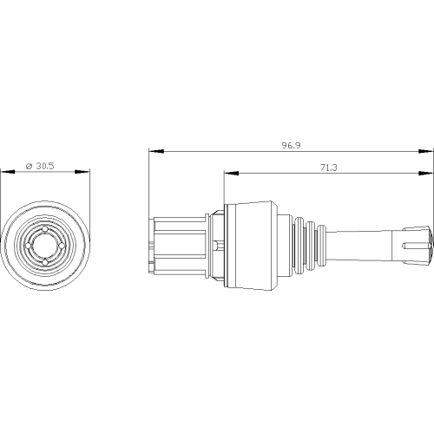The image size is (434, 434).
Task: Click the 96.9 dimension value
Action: pos(292,145)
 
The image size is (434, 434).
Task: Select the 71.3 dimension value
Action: pos(329,168)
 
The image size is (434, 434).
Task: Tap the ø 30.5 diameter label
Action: pos(40,166)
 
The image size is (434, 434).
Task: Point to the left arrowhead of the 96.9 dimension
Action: pos(156,151)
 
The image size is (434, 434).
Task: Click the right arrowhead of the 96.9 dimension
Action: pos(426,151)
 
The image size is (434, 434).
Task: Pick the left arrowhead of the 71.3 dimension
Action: pos(232,174)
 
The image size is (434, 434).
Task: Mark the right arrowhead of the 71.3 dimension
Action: pos(426,174)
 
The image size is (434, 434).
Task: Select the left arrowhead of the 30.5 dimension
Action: pos(8,172)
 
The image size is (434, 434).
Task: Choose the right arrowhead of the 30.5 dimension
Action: pos(82,172)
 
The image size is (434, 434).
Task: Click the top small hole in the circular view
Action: pos(45,229)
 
